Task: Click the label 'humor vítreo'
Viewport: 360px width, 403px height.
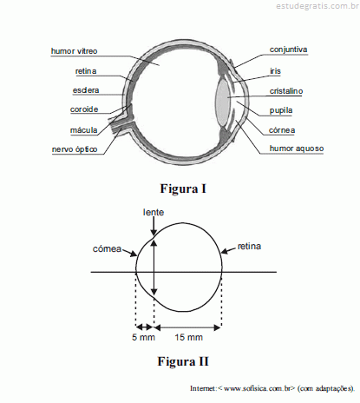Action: pyautogui.click(x=75, y=51)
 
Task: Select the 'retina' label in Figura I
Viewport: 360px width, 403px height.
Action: pyautogui.click(x=86, y=71)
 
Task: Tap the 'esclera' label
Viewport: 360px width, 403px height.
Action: pyautogui.click(x=86, y=90)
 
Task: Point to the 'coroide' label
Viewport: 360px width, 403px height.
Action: pyautogui.click(x=84, y=109)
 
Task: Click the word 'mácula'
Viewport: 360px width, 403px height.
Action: pyautogui.click(x=84, y=130)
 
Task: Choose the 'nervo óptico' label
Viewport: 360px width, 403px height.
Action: pyautogui.click(x=75, y=149)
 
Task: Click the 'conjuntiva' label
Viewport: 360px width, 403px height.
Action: pyautogui.click(x=288, y=50)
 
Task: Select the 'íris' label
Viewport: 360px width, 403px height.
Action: pyautogui.click(x=275, y=71)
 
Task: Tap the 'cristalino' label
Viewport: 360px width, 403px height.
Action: pyautogui.click(x=286, y=91)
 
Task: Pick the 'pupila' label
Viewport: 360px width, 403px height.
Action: pyautogui.click(x=281, y=110)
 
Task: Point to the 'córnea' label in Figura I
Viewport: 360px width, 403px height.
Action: pyautogui.click(x=282, y=130)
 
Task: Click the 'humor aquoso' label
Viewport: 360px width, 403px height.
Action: pyautogui.click(x=297, y=149)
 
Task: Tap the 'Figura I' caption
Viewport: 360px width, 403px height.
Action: pyautogui.click(x=183, y=188)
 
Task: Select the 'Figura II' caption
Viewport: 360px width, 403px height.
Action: pyautogui.click(x=183, y=361)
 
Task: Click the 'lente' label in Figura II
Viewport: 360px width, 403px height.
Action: pyautogui.click(x=154, y=212)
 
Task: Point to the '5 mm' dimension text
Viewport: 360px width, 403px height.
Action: pyautogui.click(x=143, y=337)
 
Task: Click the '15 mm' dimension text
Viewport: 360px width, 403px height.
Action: pyautogui.click(x=188, y=337)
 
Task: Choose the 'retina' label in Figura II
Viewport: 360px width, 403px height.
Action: pyautogui.click(x=249, y=247)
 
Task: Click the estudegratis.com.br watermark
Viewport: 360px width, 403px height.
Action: pyautogui.click(x=317, y=6)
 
